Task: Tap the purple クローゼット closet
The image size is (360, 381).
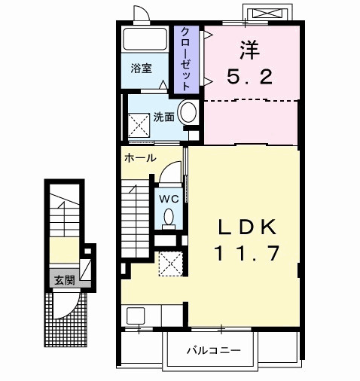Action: [185, 59]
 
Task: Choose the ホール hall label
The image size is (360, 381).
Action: [140, 158]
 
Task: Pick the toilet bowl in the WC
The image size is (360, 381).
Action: [168, 218]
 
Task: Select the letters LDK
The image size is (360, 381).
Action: [249, 227]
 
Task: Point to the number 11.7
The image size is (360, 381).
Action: [249, 253]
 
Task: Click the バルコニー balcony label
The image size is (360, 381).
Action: [213, 350]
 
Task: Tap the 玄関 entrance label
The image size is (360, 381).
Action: [63, 280]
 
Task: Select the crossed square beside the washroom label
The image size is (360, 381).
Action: [139, 123]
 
